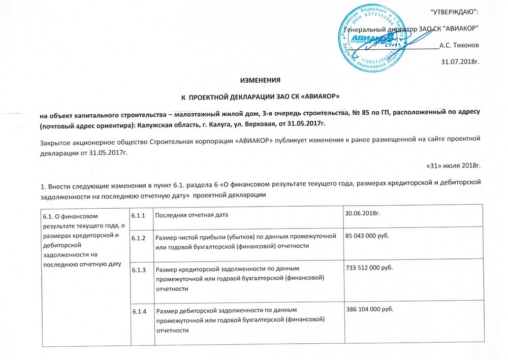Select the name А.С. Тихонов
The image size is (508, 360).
pyautogui.click(x=459, y=45)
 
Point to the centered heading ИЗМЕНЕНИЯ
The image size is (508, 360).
pyautogui.click(x=260, y=81)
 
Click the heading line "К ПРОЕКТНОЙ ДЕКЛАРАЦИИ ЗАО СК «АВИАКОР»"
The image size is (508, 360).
pyautogui.click(x=260, y=96)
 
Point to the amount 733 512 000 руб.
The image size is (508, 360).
pyautogui.click(x=374, y=267)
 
